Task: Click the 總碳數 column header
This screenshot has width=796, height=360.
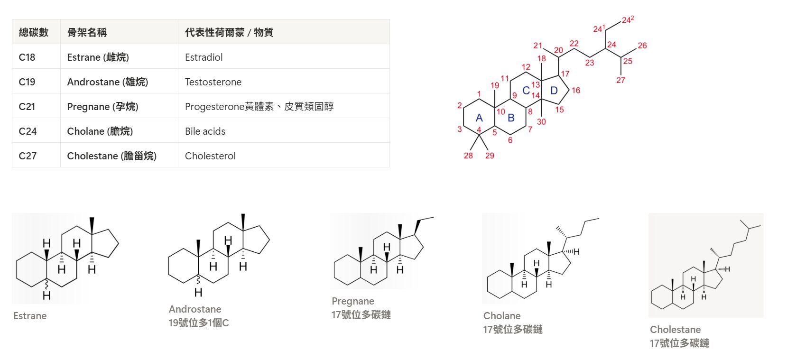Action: coord(33,32)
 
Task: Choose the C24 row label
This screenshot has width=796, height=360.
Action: coord(28,131)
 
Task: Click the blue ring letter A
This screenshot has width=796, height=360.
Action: coord(479,118)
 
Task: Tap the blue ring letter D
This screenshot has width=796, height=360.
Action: coord(554,91)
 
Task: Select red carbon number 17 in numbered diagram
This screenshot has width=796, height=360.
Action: coord(565,74)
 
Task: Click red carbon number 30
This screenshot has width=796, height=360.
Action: coord(541,121)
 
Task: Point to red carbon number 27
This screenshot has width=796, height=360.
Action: coord(620,80)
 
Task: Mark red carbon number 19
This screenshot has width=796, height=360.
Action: coord(495,85)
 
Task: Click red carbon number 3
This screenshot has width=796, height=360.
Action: coord(460,129)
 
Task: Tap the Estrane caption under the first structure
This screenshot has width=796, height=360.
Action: coord(30,316)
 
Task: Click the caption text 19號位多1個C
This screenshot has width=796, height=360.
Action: coord(199,323)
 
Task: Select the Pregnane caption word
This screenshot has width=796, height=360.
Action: coord(353,301)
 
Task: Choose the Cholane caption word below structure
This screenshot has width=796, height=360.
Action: coord(502,315)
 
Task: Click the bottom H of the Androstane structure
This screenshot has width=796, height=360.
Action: coord(198,293)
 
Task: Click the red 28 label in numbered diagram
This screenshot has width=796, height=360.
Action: coord(468,155)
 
